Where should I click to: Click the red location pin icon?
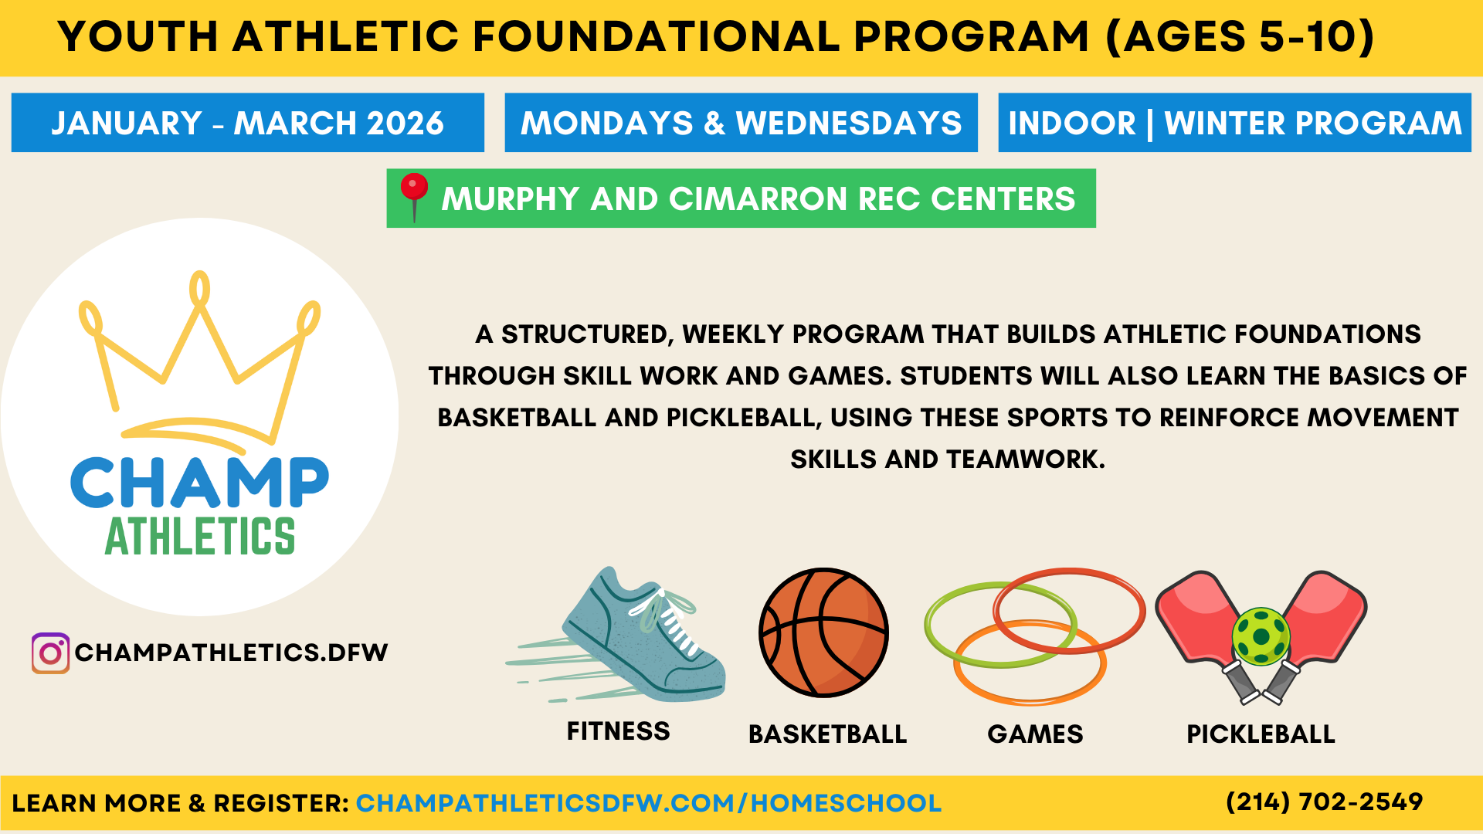tap(414, 189)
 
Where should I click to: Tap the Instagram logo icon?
tap(50, 653)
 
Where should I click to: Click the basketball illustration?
tap(823, 632)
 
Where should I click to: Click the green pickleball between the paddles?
tap(1261, 636)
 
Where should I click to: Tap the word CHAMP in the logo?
tap(199, 483)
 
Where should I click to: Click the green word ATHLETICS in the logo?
tap(199, 537)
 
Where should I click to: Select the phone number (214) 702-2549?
tap(1324, 802)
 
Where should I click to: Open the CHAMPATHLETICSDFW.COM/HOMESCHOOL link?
tap(648, 803)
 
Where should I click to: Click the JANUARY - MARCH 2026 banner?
tap(247, 123)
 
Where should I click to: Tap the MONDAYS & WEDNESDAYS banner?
tap(741, 123)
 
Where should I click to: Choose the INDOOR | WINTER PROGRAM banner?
tap(1234, 123)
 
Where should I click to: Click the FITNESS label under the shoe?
tap(618, 731)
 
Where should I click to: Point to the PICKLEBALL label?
tap(1261, 734)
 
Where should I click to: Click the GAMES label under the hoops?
tap(1035, 734)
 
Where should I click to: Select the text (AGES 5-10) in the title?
tap(1240, 36)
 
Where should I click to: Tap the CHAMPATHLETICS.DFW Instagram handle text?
tap(231, 653)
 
